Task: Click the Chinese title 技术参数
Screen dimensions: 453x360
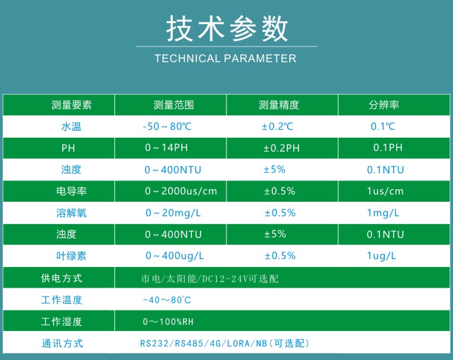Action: [x=226, y=28]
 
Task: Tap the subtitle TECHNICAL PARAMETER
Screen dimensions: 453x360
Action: [x=225, y=59]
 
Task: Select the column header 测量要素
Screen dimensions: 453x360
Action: [x=71, y=105]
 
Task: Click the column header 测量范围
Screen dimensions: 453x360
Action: [x=173, y=105]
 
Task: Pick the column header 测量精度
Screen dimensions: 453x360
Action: [x=278, y=105]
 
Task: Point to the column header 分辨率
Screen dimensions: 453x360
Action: [x=384, y=105]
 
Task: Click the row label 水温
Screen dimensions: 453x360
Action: [x=71, y=127]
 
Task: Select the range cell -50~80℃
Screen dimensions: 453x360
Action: [x=167, y=127]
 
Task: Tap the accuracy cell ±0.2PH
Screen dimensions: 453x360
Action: [x=281, y=148]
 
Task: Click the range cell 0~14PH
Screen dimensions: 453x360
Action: [x=167, y=147]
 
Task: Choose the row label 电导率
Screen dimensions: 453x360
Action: [x=71, y=191]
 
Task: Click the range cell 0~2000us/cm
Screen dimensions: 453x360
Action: [x=181, y=191]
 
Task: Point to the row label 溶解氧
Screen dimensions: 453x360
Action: [x=71, y=213]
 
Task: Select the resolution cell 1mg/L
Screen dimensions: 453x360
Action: [x=383, y=213]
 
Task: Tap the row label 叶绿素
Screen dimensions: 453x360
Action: [x=71, y=256]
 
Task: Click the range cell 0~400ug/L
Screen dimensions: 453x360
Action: [x=175, y=256]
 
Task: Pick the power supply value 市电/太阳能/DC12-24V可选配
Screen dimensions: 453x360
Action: [x=210, y=278]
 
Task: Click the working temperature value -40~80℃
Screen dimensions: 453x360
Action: [x=167, y=300]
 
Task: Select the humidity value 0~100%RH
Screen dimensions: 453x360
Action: [x=168, y=321]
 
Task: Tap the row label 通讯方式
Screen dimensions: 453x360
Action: [x=62, y=344]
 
